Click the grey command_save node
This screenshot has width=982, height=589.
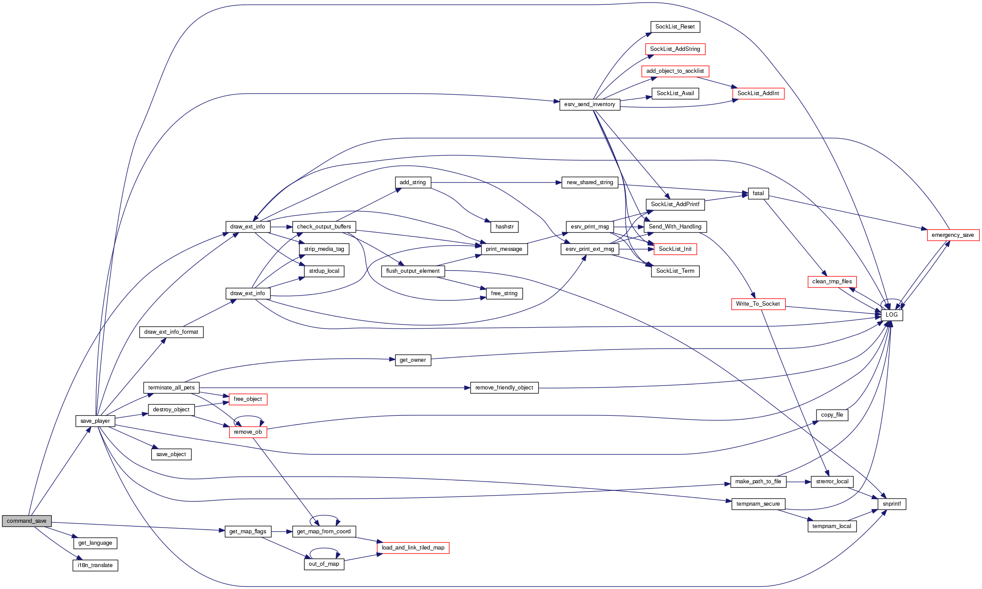[26, 521]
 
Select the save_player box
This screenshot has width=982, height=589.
[95, 421]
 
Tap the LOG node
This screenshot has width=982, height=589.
[892, 315]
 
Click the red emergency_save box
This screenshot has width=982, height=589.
[953, 235]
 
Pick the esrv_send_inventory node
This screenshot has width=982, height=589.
[590, 104]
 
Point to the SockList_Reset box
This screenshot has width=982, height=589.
[675, 27]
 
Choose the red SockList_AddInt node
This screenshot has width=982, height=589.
[758, 93]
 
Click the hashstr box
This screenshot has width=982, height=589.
[504, 227]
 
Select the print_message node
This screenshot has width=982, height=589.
[504, 249]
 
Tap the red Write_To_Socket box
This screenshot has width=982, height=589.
[758, 304]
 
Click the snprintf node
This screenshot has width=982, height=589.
[892, 504]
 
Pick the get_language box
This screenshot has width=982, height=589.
[95, 543]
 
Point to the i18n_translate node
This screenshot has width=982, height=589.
[95, 565]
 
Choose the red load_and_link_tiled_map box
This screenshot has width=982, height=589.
[413, 548]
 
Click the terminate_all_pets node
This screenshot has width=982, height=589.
[171, 388]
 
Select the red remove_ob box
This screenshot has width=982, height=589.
[248, 432]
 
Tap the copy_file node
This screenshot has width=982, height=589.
[832, 415]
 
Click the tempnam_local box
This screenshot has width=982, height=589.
[831, 526]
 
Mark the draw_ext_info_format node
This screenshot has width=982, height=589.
[171, 332]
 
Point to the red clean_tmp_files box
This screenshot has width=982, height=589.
[832, 282]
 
